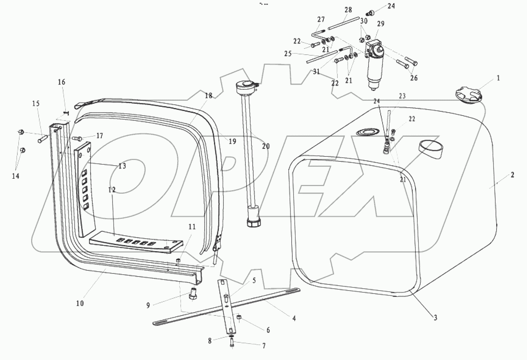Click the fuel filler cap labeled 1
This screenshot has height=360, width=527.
[468, 96]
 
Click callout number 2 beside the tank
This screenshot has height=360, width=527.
[512, 175]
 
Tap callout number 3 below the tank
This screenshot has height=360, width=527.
[435, 317]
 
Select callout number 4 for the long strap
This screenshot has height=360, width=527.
[294, 318]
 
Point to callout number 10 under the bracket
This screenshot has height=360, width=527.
[80, 303]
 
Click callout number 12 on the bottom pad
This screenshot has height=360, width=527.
[112, 190]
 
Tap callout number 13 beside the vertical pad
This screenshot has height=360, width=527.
[122, 166]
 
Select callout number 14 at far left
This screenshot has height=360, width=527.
[15, 176]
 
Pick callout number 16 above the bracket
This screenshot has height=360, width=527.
[62, 82]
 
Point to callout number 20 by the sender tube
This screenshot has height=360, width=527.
[266, 146]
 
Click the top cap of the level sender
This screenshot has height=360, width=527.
[246, 87]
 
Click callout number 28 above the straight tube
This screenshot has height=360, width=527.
[348, 10]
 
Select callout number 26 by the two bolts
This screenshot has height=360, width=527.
[414, 78]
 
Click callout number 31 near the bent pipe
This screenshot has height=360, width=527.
[316, 72]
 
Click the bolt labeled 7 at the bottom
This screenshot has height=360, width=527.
[232, 342]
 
